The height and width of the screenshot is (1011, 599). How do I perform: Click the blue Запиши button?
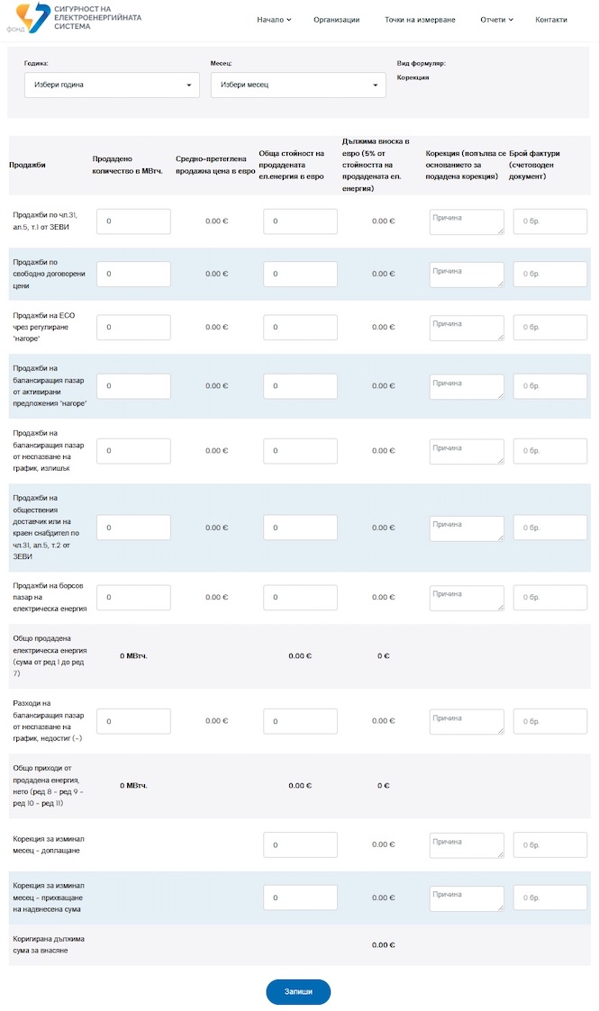click(298, 991)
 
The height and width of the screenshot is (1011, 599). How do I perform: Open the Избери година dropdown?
click(112, 85)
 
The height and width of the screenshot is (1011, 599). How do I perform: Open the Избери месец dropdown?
click(298, 85)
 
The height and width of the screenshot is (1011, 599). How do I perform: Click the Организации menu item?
click(336, 19)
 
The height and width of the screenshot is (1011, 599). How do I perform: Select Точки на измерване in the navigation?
click(420, 19)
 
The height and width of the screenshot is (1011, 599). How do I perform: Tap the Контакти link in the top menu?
click(551, 19)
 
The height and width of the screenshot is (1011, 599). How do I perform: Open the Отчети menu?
click(496, 19)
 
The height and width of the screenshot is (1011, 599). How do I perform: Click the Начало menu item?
click(274, 19)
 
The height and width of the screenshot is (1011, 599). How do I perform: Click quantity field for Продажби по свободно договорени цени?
click(133, 274)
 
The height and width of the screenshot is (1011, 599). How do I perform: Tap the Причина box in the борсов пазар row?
click(467, 597)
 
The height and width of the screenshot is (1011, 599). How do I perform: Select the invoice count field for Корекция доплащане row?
click(549, 844)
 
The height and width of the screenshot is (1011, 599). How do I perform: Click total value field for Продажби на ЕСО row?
click(300, 327)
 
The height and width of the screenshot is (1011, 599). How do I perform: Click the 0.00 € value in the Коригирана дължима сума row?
click(384, 944)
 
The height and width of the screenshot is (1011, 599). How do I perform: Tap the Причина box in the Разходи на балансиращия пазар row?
click(467, 721)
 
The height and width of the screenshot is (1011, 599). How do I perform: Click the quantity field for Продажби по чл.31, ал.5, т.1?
click(133, 221)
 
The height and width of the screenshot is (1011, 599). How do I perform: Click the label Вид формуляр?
click(421, 63)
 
